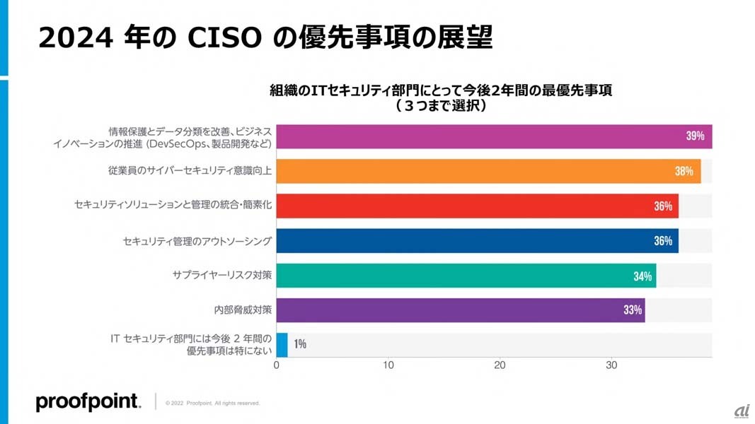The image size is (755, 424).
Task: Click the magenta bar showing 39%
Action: [x=494, y=136]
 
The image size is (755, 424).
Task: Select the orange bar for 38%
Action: [x=488, y=171]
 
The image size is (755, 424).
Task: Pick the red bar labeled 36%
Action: [x=477, y=206]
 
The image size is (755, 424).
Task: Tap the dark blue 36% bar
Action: [x=477, y=240]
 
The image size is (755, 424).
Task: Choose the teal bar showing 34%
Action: [x=466, y=276]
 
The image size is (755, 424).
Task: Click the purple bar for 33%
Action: [x=460, y=310]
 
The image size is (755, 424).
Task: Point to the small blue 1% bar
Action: [x=282, y=344]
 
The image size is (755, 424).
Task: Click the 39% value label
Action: [x=695, y=136]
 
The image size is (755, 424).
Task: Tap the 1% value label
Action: [x=300, y=344]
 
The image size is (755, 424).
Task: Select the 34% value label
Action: [x=642, y=276]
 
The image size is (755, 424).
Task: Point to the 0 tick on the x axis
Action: [x=276, y=365]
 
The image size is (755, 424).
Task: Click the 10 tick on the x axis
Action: [x=388, y=365]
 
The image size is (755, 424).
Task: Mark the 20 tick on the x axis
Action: [x=500, y=365]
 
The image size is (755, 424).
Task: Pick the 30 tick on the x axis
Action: [x=611, y=365]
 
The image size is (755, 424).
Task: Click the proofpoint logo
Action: [x=88, y=402]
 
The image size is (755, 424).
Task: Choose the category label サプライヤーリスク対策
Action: [x=222, y=276]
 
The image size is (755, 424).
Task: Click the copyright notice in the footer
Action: [x=212, y=403]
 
